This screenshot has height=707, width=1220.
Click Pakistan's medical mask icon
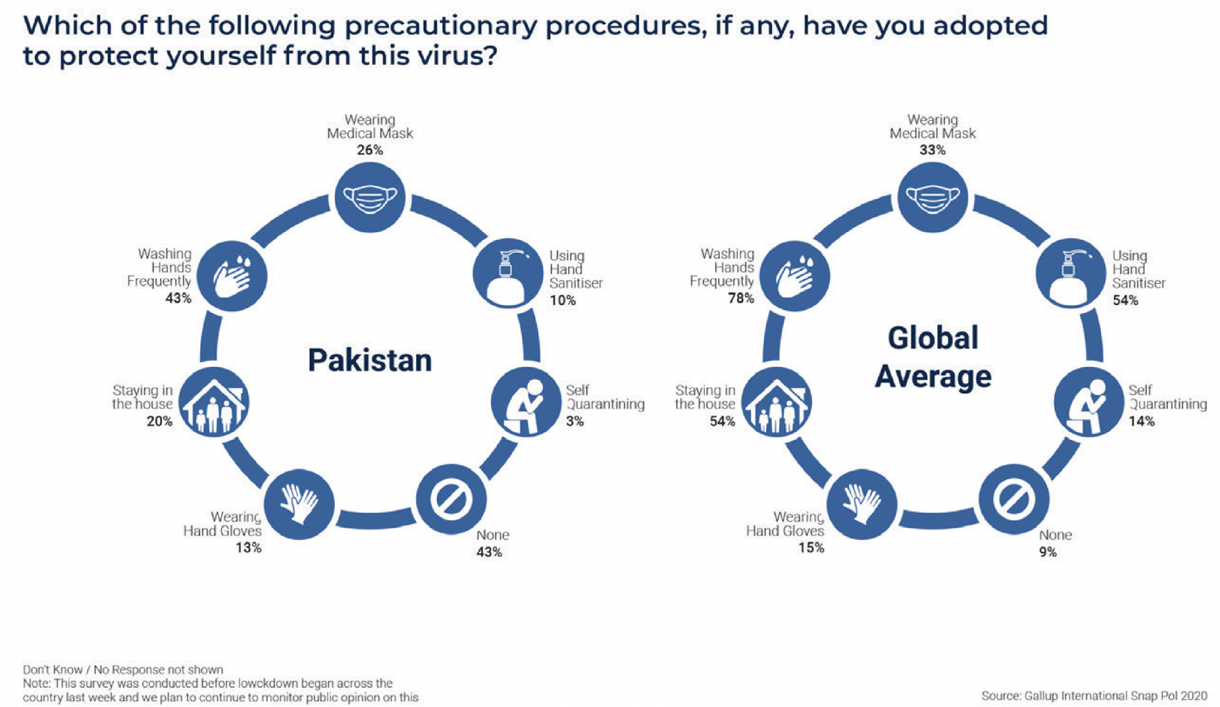pos(370,197)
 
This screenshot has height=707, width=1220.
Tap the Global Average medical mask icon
pos(933,197)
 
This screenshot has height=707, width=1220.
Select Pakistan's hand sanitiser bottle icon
pos(508,274)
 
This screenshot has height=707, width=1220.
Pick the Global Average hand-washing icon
pos(795,276)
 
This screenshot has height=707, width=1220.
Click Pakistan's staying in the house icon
pos(213,402)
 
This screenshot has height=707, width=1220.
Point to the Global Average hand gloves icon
pos(862,504)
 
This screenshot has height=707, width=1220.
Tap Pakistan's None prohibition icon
pos(451,499)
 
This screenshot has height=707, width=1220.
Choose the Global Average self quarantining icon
pos(1088,402)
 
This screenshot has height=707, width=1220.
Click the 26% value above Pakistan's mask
pos(370,150)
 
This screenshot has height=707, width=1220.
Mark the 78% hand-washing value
pos(741,298)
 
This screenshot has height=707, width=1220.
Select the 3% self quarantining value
pos(575,421)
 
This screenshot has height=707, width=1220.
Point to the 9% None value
pos(1048,552)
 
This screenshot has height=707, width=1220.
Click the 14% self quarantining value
pos(1142,421)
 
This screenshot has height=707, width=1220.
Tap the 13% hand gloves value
pos(248,548)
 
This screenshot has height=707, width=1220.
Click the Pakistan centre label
pos(370,360)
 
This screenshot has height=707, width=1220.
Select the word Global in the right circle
pos(933,338)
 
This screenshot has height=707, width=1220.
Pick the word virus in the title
pos(456,56)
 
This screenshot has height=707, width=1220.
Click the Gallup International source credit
pos(1094,696)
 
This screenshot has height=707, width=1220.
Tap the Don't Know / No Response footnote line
pos(123,670)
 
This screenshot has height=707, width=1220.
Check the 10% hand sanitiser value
pos(563,300)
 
